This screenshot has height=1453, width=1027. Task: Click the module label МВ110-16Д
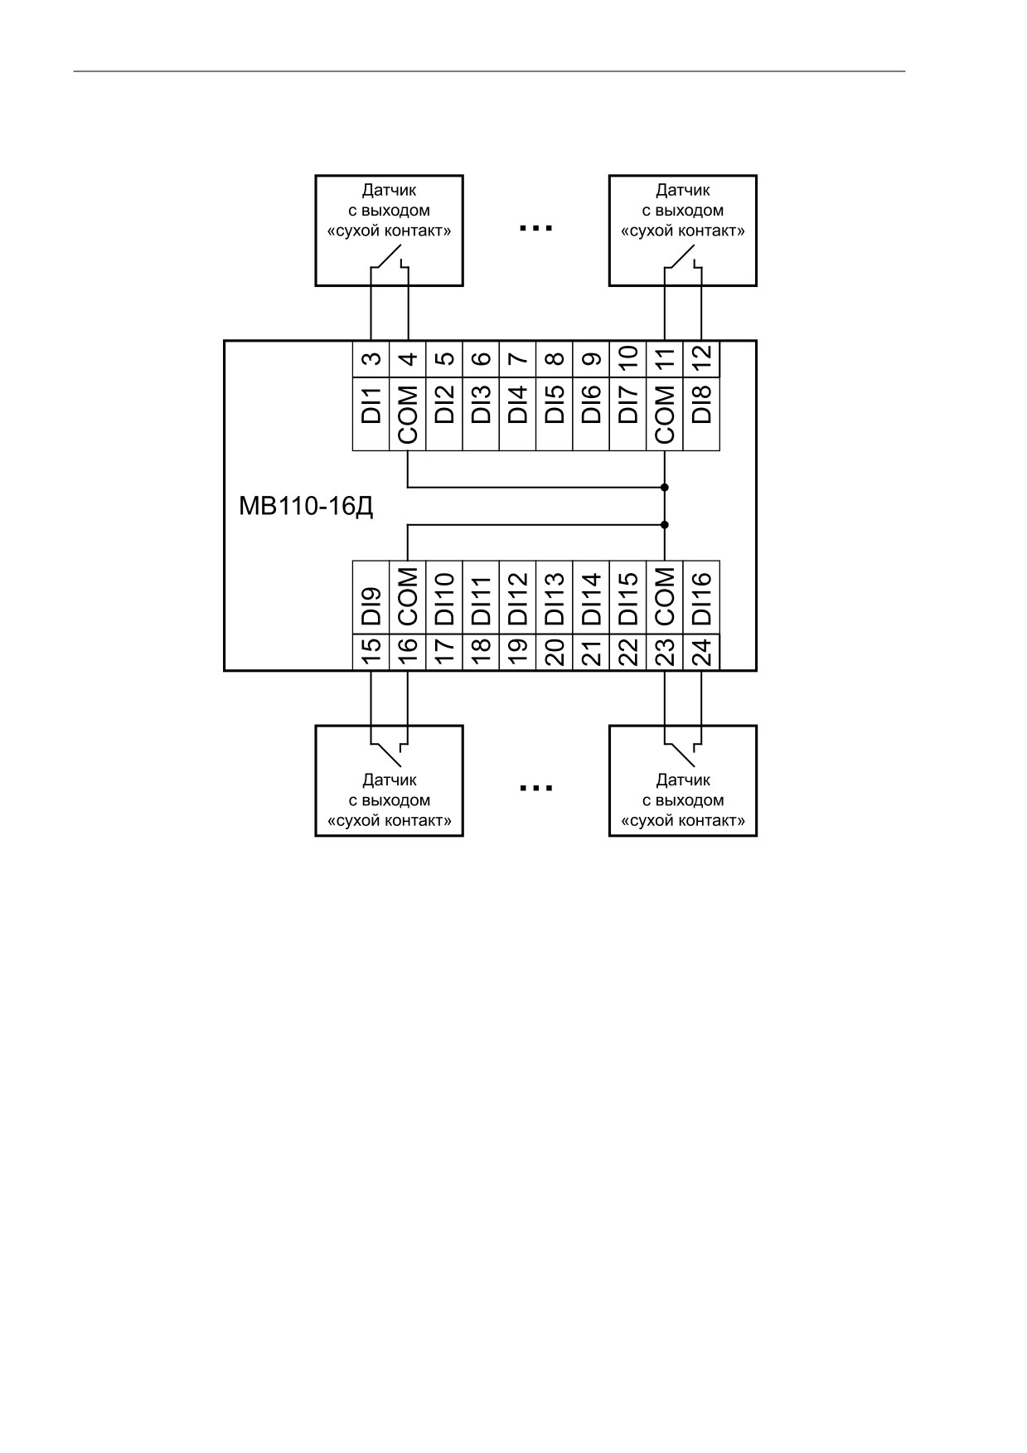click(x=306, y=506)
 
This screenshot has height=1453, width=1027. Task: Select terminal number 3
click(x=372, y=359)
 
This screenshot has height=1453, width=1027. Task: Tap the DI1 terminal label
click(x=372, y=405)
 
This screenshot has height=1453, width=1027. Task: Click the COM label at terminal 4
click(x=409, y=413)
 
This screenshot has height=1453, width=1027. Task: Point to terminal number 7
click(x=518, y=359)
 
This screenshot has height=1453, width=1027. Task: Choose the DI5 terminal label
click(x=555, y=405)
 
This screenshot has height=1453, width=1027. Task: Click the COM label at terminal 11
click(x=665, y=413)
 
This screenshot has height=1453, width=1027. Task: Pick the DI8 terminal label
click(x=701, y=405)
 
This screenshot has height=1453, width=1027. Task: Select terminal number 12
click(x=701, y=359)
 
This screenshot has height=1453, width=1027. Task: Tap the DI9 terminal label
click(x=372, y=606)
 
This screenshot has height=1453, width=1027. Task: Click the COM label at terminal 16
click(x=409, y=597)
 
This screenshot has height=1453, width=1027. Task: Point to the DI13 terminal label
click(x=555, y=599)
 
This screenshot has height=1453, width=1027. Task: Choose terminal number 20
click(x=555, y=652)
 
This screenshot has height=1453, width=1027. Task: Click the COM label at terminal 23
click(x=665, y=597)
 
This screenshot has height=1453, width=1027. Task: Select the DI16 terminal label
click(x=701, y=599)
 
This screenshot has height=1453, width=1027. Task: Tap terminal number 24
click(x=701, y=652)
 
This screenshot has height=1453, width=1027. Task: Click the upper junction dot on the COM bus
click(x=665, y=488)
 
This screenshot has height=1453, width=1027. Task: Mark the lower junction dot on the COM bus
click(x=665, y=524)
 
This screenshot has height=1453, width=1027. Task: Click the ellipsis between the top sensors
click(x=535, y=226)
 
